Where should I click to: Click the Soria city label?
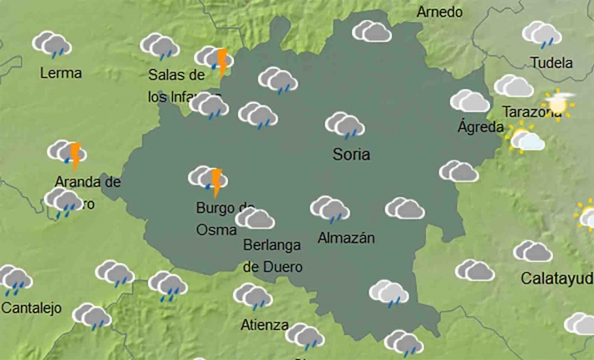pyautogui.click(x=351, y=155)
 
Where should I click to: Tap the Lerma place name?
pyautogui.click(x=61, y=73)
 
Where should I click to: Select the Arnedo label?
pyautogui.click(x=438, y=12)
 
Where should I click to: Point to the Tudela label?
pyautogui.click(x=551, y=63)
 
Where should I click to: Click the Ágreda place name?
pyautogui.click(x=481, y=127)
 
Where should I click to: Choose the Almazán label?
pyautogui.click(x=346, y=239)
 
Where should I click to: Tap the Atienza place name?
pyautogui.click(x=265, y=325)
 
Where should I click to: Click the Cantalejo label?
pyautogui.click(x=32, y=308)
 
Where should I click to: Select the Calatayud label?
pyautogui.click(x=557, y=278)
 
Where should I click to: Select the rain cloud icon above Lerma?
pyautogui.click(x=52, y=44)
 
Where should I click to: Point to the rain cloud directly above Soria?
pyautogui.click(x=344, y=126)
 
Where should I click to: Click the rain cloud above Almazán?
pyautogui.click(x=329, y=209)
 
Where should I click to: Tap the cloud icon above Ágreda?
pyautogui.click(x=470, y=101)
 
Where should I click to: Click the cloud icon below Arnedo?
pyautogui.click(x=372, y=32)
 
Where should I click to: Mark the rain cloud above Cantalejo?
pyautogui.click(x=14, y=280)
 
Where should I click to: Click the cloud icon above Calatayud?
pyautogui.click(x=532, y=251)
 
